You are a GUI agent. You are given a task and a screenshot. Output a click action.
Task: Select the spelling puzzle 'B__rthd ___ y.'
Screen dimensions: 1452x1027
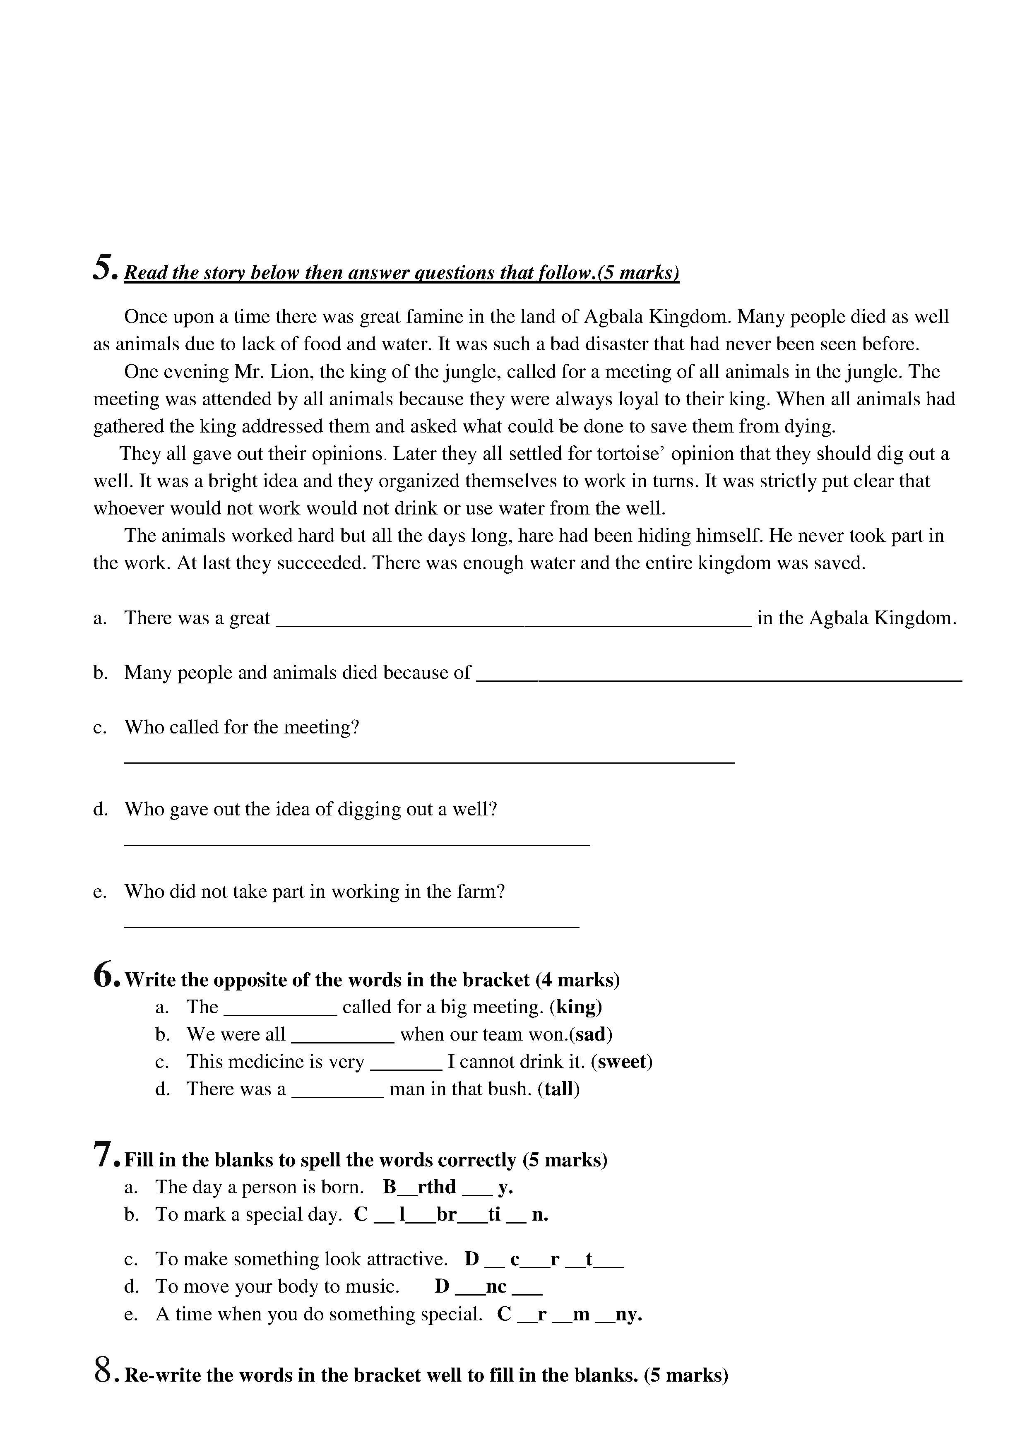pos(448,1187)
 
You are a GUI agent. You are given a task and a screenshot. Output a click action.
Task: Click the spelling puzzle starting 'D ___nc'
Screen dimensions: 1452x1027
pos(488,1286)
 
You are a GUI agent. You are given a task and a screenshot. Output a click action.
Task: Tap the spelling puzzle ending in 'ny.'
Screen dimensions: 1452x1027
pos(570,1314)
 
